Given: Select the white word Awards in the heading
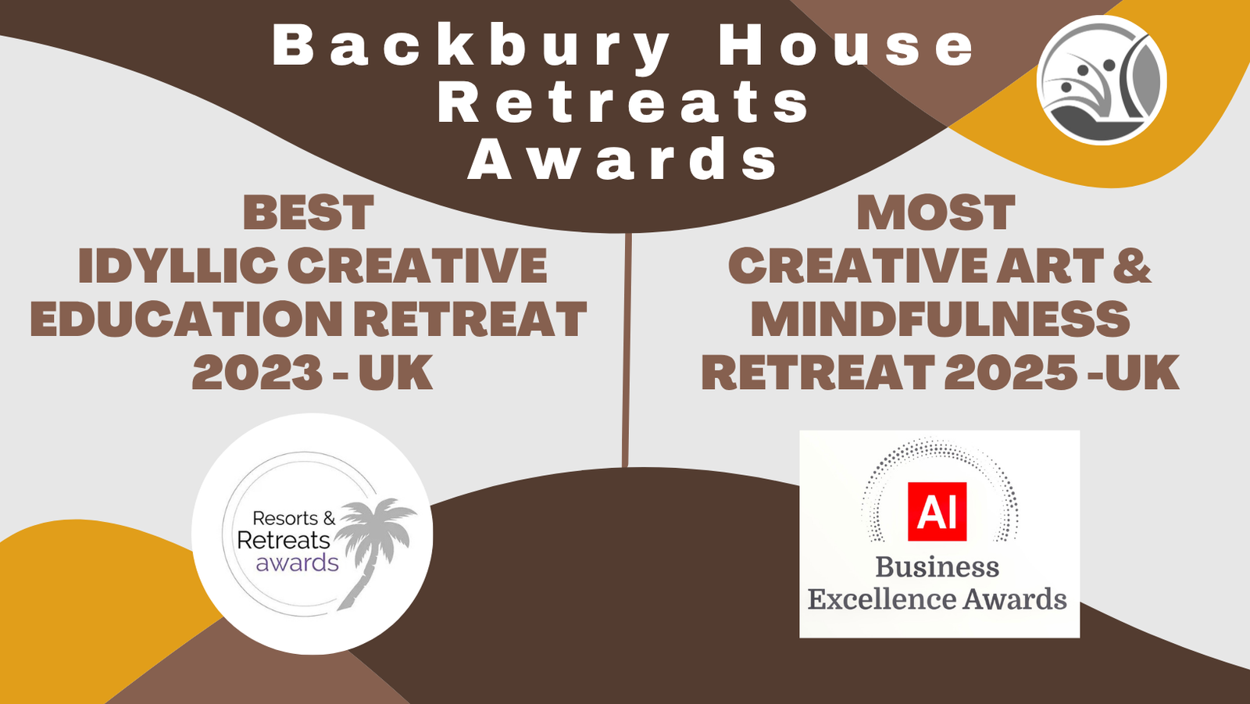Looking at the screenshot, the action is click(623, 158).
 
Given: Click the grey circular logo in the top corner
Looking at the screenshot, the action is click(1102, 80).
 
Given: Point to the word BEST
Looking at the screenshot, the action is click(308, 213).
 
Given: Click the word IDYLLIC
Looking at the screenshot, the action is click(177, 265).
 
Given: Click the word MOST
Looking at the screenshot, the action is click(936, 213).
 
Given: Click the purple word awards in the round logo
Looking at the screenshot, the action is click(298, 563).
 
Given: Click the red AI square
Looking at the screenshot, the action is click(937, 511).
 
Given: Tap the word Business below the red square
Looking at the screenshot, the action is click(937, 566).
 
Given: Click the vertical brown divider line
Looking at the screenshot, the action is click(627, 349).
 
